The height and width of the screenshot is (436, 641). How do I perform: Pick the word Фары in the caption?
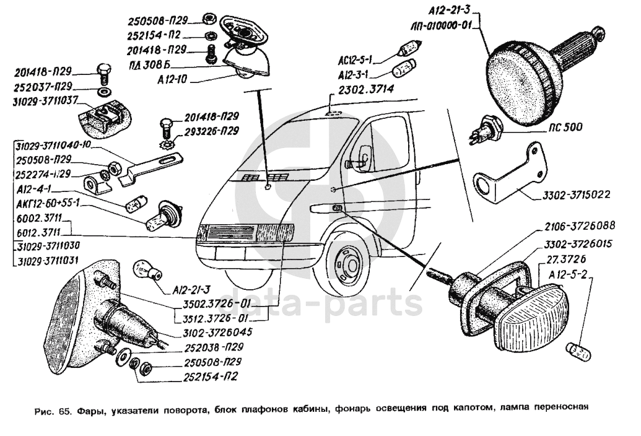(x=90, y=408)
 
